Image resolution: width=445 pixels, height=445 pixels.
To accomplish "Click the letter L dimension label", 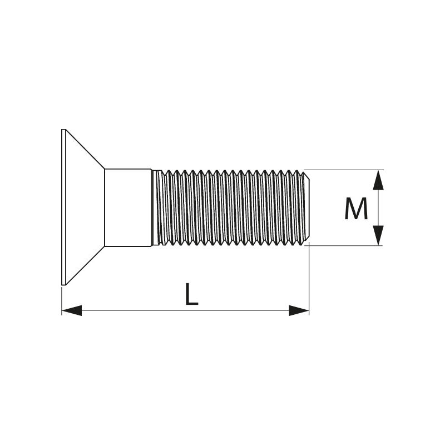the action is click(191, 294).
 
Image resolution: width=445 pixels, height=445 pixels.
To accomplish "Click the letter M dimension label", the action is click(356, 209).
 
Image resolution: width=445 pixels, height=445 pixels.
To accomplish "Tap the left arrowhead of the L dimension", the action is click(72, 310).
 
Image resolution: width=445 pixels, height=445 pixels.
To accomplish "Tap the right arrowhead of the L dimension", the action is click(299, 310).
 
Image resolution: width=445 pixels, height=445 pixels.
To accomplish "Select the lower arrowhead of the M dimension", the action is click(378, 235).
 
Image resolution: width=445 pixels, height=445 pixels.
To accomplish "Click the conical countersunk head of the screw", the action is click(83, 207).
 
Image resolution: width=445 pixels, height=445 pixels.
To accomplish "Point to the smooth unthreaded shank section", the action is click(128, 207).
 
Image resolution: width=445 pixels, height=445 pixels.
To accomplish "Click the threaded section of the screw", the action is click(230, 207).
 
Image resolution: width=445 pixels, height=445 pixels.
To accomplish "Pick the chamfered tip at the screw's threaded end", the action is click(307, 207).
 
